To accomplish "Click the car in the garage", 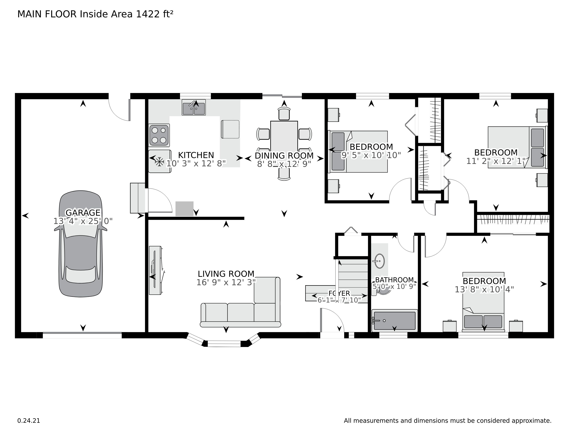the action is click(x=81, y=243).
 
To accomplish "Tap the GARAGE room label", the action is click(x=83, y=213).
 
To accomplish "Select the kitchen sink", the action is click(x=194, y=107).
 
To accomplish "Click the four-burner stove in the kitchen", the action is click(x=159, y=135).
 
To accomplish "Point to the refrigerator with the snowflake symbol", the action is click(x=160, y=161).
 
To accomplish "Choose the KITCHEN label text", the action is click(x=196, y=155).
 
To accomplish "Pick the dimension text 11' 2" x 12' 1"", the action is click(x=496, y=161).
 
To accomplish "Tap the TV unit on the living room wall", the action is click(x=156, y=270).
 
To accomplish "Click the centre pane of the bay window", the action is click(x=224, y=344).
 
